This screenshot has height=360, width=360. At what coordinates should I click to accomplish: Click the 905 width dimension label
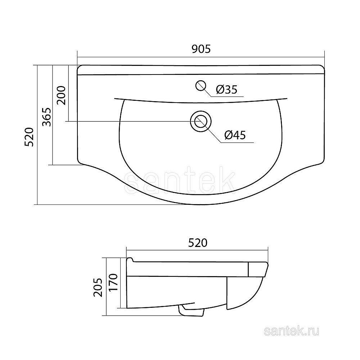[x=201, y=49]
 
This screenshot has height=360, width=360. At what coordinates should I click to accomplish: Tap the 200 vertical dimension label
[x=61, y=95]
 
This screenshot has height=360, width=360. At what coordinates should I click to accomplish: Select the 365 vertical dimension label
[x=47, y=117]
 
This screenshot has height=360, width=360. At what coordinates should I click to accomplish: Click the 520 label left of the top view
[x=30, y=137]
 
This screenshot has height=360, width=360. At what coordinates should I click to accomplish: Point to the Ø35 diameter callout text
[x=226, y=89]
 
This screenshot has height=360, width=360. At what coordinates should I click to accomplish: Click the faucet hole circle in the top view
[x=201, y=86]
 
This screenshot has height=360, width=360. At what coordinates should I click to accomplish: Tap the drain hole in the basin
[x=201, y=121]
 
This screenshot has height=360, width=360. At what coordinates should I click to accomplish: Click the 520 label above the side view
[x=198, y=243]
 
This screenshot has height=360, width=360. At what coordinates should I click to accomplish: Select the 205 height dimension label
[x=98, y=287]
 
